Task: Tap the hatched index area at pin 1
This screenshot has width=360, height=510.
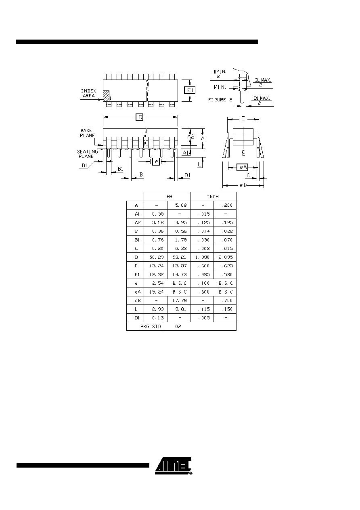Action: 106,96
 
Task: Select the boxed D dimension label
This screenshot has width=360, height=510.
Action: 140,117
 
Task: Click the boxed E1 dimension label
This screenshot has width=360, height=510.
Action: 190,90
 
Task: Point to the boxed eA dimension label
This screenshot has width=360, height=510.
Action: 242,167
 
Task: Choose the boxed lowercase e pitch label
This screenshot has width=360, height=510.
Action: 156,162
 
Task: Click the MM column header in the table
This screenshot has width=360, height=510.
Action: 169,197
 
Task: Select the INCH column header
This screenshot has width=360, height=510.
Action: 213,197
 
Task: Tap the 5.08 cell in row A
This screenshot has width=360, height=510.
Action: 181,205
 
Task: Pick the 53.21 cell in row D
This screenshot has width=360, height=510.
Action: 179,257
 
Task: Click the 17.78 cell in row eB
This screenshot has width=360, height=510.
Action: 179,300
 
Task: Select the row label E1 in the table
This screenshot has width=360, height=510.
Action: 137,275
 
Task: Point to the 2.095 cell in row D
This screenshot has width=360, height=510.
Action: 226,257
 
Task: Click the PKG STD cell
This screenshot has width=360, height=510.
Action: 151,327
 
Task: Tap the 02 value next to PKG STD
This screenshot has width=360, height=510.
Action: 178,327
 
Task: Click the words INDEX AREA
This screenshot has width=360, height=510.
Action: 88,93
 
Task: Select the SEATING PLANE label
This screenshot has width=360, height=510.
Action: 88,154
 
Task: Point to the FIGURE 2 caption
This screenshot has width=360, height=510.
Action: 220,100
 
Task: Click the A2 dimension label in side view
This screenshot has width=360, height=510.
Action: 191,136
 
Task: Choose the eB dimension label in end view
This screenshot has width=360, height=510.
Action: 243,185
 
